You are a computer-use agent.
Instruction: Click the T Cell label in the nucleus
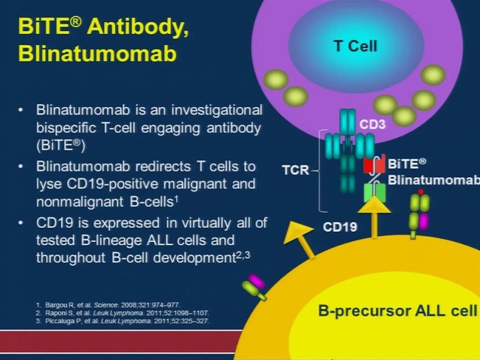pyautogui.click(x=356, y=47)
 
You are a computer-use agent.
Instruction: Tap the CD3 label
pyautogui.click(x=373, y=124)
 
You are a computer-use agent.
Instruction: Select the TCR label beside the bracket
pyautogui.click(x=295, y=170)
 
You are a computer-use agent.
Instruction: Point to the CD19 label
pyautogui.click(x=340, y=227)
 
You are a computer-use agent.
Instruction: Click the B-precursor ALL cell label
pyautogui.click(x=398, y=311)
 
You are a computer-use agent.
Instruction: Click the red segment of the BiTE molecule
pyautogui.click(x=374, y=165)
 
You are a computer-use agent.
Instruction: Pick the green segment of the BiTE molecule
pyautogui.click(x=374, y=192)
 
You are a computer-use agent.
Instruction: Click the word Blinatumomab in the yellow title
pyautogui.click(x=97, y=53)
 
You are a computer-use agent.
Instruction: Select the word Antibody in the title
pyautogui.click(x=137, y=27)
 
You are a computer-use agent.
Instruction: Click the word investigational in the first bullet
pyautogui.click(x=217, y=110)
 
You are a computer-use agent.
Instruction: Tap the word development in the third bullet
pyautogui.click(x=194, y=258)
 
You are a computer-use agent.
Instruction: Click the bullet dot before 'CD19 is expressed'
pyautogui.click(x=21, y=223)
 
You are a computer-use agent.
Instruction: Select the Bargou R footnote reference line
pyautogui.click(x=108, y=305)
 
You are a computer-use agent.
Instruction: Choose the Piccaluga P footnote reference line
pyautogui.click(x=123, y=321)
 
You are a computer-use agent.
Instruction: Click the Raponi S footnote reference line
pyautogui.click(x=122, y=313)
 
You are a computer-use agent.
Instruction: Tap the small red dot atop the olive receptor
pyautogui.click(x=420, y=192)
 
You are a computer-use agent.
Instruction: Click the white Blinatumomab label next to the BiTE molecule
pyautogui.click(x=434, y=180)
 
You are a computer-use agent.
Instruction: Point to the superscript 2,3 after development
pyautogui.click(x=243, y=255)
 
